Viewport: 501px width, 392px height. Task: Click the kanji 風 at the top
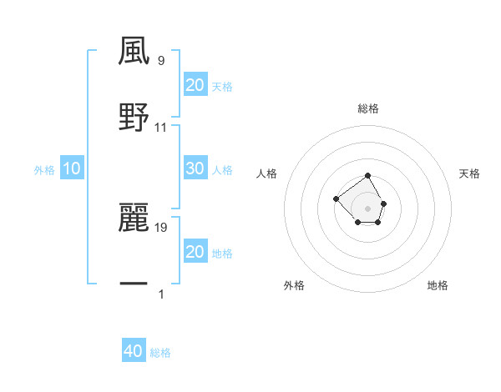[x=134, y=51]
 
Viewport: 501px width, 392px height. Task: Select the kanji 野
[x=134, y=118]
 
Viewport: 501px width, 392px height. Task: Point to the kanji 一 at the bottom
[x=134, y=284]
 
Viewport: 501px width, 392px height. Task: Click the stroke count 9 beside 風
[x=160, y=60]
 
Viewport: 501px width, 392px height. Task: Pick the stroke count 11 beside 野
[x=161, y=127]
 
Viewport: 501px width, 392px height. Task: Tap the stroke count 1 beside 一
[x=160, y=294]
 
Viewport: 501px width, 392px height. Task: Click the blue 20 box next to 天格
[x=195, y=85]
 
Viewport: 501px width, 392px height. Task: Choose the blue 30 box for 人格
[x=195, y=168]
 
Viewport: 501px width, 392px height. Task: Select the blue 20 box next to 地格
[x=195, y=252]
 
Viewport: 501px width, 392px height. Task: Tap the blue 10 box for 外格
[x=72, y=168]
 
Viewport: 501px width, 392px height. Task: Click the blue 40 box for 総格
[x=134, y=351]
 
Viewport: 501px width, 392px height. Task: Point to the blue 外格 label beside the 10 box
[x=44, y=170]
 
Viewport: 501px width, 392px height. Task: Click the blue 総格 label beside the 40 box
[x=160, y=353]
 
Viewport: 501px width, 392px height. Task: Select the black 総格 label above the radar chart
[x=368, y=108]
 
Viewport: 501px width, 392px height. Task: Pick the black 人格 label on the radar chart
[x=266, y=173]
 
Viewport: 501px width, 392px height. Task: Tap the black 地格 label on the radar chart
[x=438, y=285]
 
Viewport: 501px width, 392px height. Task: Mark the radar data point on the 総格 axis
[x=368, y=176]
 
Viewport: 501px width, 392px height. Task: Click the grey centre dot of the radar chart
[x=368, y=208]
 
